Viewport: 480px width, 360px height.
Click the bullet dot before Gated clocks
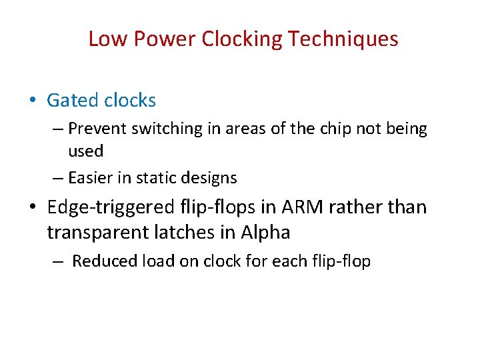tap(33, 101)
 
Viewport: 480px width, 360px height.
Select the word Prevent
tap(97, 128)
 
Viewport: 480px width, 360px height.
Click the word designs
tap(215, 178)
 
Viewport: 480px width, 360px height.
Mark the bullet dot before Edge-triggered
tap(33, 208)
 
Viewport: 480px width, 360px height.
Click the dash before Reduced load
tap(58, 261)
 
